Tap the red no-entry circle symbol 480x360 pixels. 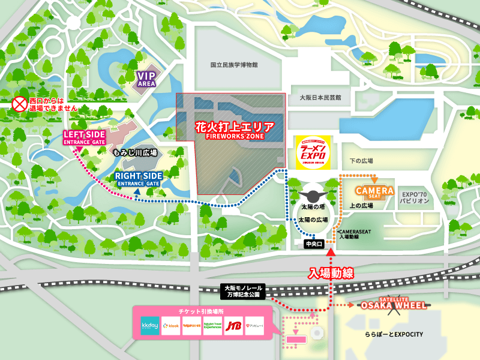pos(20,104)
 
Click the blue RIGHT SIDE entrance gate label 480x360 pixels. pos(139,178)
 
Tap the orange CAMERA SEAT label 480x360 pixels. pos(375,193)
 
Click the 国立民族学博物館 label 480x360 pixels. pos(234,64)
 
